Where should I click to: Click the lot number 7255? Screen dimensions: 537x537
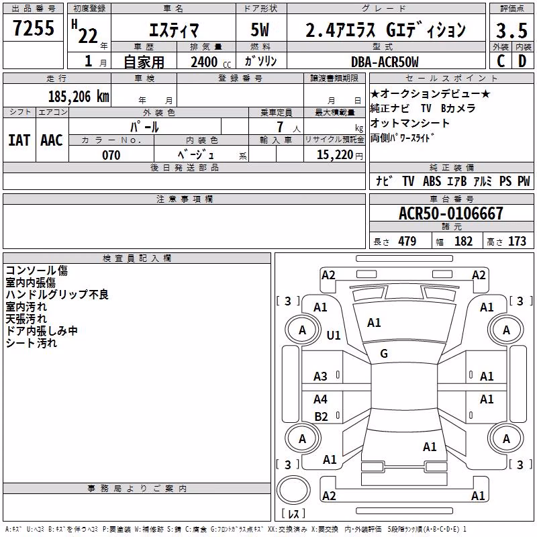point(34,28)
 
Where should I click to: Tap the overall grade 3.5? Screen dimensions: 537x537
point(511,30)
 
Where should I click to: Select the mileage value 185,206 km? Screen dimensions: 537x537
point(79,96)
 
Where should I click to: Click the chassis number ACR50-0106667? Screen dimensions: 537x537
point(451,213)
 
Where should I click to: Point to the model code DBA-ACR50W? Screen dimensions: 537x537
point(385,62)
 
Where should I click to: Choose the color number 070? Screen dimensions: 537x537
point(111,155)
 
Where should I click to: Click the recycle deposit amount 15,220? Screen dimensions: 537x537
point(335,155)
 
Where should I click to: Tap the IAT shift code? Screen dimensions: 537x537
point(19,140)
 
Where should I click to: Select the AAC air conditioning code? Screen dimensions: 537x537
point(52,140)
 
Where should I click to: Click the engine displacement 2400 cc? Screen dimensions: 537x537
point(211,62)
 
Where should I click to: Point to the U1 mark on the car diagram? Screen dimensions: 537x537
point(334,335)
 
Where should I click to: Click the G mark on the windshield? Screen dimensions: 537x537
point(384,353)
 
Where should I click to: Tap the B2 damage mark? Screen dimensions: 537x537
point(322,416)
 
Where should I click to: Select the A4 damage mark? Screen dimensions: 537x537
point(321,399)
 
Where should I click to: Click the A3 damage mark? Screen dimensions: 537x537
point(321,377)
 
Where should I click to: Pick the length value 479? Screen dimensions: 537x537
point(407,241)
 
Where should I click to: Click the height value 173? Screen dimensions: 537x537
point(517,241)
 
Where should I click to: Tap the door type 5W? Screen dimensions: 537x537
point(260,30)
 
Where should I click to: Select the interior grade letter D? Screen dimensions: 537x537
point(522,61)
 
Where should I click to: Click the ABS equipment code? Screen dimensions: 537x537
point(432,181)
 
